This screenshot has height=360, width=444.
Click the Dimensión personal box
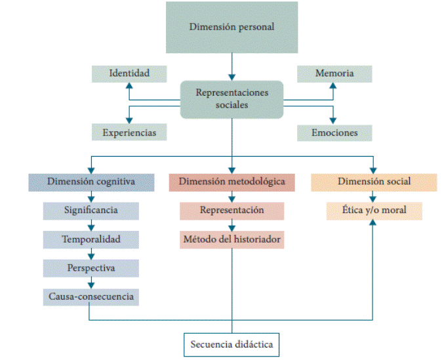(232, 27)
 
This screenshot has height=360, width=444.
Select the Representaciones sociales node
(232, 99)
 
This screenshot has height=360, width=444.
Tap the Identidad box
(129, 73)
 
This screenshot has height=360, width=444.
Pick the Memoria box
(334, 73)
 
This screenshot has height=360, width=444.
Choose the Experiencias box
(129, 132)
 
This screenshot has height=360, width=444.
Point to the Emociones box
(334, 132)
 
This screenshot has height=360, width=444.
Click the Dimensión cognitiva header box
(91, 182)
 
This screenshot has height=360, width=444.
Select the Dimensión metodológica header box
(232, 182)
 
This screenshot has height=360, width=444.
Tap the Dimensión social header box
(373, 182)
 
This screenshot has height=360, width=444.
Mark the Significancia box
(91, 210)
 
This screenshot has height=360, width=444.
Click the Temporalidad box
(91, 239)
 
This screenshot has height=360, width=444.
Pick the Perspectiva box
(91, 268)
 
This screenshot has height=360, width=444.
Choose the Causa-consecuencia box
(91, 296)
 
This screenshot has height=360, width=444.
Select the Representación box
(232, 210)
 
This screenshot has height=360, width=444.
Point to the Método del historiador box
(232, 239)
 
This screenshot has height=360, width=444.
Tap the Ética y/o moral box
(373, 210)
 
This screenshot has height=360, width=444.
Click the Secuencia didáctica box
(232, 344)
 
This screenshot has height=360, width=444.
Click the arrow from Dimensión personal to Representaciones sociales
(232, 67)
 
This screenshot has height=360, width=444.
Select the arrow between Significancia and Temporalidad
(91, 225)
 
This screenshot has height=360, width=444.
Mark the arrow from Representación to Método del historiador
(232, 225)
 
